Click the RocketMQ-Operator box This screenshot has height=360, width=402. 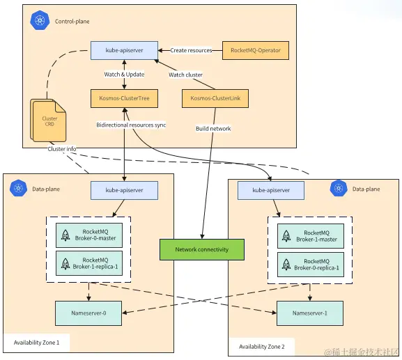[256, 50]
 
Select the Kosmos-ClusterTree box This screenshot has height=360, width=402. [124, 98]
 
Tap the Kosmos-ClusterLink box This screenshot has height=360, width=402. [215, 98]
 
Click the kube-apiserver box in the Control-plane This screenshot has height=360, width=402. [124, 50]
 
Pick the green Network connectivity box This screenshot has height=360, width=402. [202, 249]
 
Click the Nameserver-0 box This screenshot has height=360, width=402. [88, 313]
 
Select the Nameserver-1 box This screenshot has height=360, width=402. [310, 313]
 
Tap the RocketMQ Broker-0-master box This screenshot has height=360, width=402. [89, 235]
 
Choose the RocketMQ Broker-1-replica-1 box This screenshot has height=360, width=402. [89, 263]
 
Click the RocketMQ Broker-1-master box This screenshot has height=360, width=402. [311, 236]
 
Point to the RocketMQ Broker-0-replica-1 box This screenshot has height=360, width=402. [311, 265]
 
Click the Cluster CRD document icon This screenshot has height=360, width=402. [48, 120]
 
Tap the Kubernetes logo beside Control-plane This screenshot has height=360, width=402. [40, 20]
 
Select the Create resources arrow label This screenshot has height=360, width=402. [192, 50]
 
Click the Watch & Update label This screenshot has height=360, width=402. [124, 75]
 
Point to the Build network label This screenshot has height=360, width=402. [213, 129]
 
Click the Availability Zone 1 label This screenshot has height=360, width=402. [36, 343]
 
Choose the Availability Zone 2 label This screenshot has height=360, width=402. [262, 347]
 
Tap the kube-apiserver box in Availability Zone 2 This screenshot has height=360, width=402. [271, 190]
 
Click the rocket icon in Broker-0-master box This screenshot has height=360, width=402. [65, 235]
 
